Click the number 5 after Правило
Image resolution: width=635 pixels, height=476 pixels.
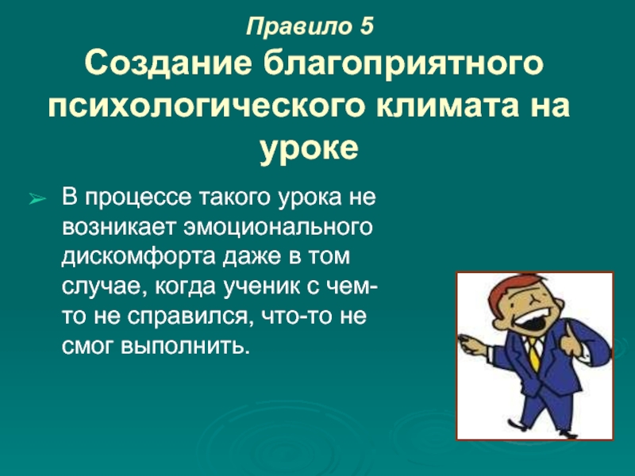(x=365, y=27)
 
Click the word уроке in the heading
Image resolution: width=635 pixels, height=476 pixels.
(x=309, y=148)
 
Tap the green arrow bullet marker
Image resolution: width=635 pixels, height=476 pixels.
(x=37, y=199)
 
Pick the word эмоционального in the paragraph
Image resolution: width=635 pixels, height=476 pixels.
(x=278, y=228)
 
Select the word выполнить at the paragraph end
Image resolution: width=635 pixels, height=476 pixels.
(x=184, y=346)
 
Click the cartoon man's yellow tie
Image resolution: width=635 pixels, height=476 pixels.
(x=534, y=354)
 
